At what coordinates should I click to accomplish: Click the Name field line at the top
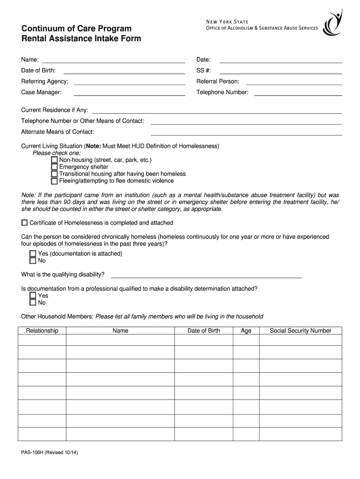point(114,61)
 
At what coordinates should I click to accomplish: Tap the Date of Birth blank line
point(124,73)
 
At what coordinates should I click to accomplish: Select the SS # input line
point(281,73)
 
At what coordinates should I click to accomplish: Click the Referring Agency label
point(44,81)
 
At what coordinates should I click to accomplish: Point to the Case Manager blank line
point(130,94)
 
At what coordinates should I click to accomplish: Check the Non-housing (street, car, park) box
point(54,160)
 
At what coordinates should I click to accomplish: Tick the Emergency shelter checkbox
point(54,167)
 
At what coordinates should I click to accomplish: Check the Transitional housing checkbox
point(54,174)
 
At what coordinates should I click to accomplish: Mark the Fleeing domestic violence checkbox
point(54,181)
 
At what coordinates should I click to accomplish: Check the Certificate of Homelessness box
point(24,223)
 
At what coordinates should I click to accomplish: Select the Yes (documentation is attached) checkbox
point(33,254)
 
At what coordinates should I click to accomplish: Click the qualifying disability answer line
point(206,277)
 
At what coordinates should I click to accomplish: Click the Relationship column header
point(42,331)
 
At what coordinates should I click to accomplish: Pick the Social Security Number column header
point(300,331)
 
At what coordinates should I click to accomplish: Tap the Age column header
point(246,331)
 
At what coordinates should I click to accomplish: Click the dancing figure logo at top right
point(333,21)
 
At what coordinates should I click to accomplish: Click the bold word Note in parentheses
point(94,146)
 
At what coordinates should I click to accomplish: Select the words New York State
point(228,21)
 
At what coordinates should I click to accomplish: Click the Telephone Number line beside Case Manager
point(297,94)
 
